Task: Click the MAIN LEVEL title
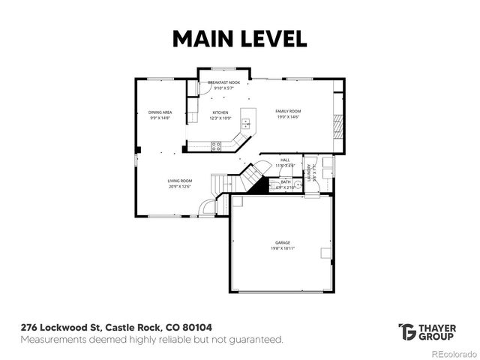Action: click(x=239, y=38)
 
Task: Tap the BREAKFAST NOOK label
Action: click(x=224, y=82)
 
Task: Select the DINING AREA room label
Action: click(x=160, y=112)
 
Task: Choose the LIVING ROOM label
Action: click(x=180, y=181)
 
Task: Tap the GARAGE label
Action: click(x=282, y=243)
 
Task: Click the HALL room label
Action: click(x=285, y=160)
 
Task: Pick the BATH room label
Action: click(x=286, y=181)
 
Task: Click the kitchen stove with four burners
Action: click(x=216, y=146)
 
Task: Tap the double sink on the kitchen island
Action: click(x=245, y=124)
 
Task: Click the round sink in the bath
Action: click(x=297, y=187)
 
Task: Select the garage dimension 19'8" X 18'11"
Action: click(x=282, y=249)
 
